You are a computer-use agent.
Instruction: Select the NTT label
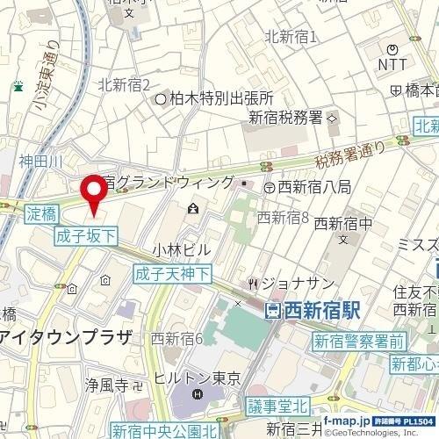point(393,64)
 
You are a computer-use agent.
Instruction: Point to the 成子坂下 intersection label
point(84,235)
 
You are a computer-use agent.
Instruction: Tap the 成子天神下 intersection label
point(172,273)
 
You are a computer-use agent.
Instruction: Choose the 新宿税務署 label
point(285,118)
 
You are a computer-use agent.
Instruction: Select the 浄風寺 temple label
point(113,385)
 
